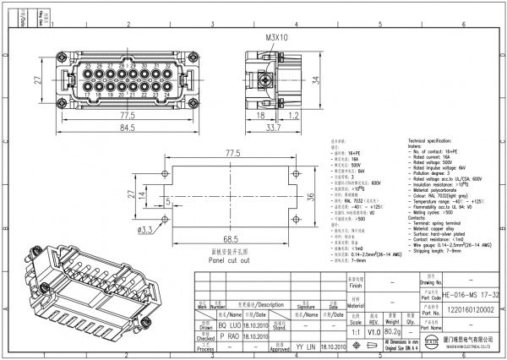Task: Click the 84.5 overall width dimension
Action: (x=127, y=128)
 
